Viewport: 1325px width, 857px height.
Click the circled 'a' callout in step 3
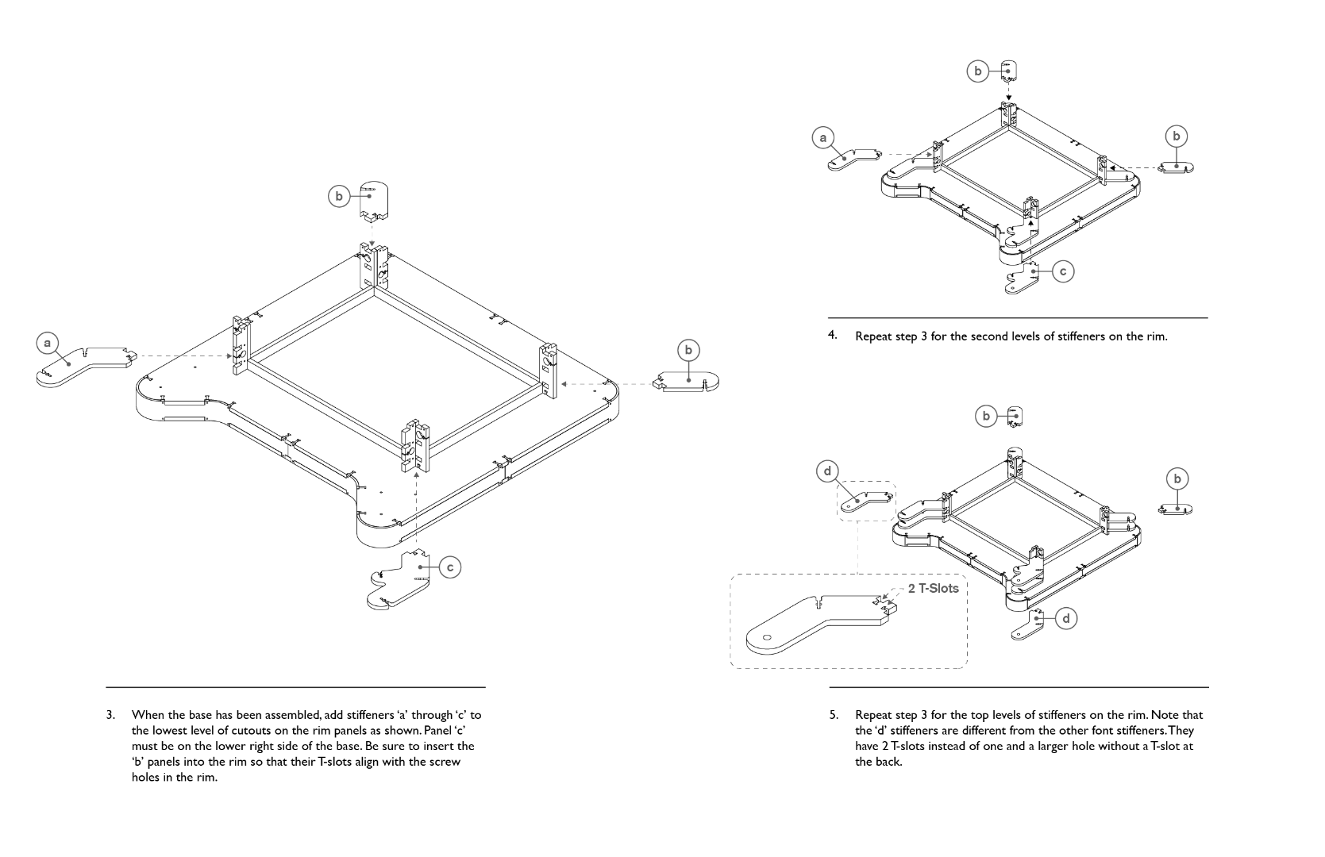(48, 344)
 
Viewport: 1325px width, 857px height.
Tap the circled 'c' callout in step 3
(450, 567)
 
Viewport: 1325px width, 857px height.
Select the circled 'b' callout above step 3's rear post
(339, 196)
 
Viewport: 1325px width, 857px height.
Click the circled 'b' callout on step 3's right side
(688, 350)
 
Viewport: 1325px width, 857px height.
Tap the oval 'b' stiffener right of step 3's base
(688, 382)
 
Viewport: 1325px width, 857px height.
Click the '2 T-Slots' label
(933, 589)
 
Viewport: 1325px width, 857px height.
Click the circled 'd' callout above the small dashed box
(827, 471)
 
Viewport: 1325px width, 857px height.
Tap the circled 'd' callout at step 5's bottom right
(1066, 618)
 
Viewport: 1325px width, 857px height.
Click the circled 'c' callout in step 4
(1063, 271)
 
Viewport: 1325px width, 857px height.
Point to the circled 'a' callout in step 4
(823, 137)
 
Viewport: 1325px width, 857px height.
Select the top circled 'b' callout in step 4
(978, 71)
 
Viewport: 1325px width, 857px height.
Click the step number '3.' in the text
(111, 715)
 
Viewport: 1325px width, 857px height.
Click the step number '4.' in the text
(833, 335)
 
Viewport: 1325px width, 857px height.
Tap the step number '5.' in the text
(834, 715)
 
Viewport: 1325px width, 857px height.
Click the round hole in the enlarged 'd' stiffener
(768, 637)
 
